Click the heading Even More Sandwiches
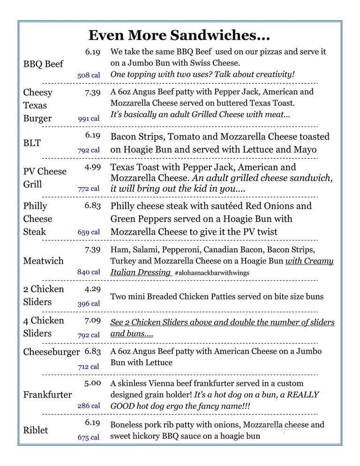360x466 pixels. (x=180, y=35)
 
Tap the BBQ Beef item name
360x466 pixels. (x=43, y=64)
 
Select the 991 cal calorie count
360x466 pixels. (x=89, y=119)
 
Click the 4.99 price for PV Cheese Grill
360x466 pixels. (x=92, y=167)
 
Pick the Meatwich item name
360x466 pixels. (x=43, y=261)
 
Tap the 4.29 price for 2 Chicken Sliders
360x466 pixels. (x=92, y=289)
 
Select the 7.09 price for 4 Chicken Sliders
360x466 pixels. (x=92, y=321)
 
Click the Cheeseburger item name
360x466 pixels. (x=51, y=352)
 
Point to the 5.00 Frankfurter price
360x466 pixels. (x=92, y=383)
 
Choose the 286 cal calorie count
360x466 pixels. (x=89, y=406)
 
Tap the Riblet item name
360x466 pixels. (x=36, y=430)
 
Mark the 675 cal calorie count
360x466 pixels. (x=89, y=437)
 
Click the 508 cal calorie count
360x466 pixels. (x=89, y=75)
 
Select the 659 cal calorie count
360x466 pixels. (x=89, y=232)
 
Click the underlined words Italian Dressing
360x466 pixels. (x=140, y=272)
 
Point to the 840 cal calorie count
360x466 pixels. (x=89, y=271)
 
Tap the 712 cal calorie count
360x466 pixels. (x=89, y=367)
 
